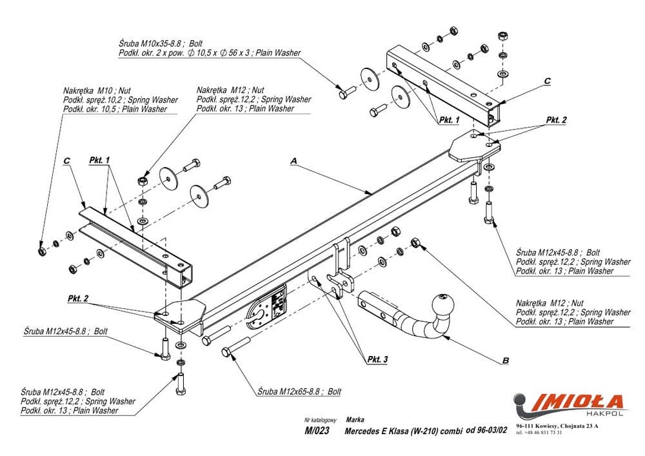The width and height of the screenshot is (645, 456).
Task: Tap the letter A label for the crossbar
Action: coord(294,159)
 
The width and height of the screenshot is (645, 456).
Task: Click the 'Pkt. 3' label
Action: coord(377,360)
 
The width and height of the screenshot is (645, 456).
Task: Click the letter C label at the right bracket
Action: coord(547,81)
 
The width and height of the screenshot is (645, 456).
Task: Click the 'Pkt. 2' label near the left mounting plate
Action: coord(77,298)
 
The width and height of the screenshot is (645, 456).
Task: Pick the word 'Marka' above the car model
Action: coord(355,419)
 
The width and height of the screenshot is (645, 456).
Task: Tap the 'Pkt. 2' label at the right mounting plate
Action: coord(556,120)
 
